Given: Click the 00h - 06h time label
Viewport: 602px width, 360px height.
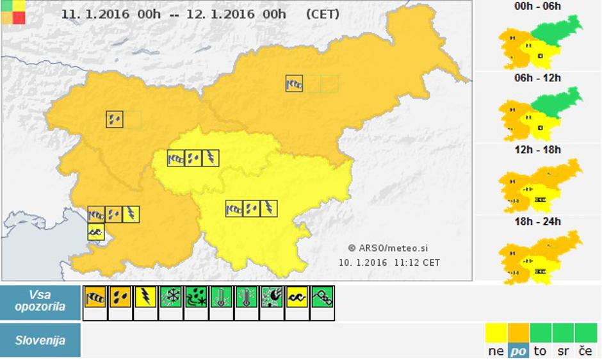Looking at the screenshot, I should coord(538,6).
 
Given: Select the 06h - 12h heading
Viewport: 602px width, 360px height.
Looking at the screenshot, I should coord(538,78).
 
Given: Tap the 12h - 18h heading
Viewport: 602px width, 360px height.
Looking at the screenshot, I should coord(538,150).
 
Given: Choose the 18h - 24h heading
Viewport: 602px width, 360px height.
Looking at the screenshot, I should coord(538,222).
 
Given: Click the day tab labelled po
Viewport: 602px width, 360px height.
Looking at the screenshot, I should coord(517,351).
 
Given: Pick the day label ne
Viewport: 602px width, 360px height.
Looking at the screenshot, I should coord(496,351).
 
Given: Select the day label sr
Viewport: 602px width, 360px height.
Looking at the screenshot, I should coord(563,351).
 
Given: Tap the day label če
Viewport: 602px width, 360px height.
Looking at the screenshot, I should coord(585,351).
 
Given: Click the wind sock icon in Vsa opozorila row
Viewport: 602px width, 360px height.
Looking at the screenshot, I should coord(95,297).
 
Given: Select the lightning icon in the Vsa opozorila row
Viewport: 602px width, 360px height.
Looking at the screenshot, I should coord(145,297).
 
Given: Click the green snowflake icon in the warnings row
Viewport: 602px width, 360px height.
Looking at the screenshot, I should coord(170,297).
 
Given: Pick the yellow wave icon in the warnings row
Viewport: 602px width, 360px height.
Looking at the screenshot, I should coord(297,297).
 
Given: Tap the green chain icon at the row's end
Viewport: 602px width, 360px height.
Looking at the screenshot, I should coord(321,297).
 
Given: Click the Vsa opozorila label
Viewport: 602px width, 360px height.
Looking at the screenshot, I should coord(40,301).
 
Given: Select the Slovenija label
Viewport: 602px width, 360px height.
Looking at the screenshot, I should coord(40,341).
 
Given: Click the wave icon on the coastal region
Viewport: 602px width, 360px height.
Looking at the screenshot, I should coord(95,231).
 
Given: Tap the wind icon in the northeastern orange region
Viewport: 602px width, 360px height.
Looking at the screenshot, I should coord(294,83).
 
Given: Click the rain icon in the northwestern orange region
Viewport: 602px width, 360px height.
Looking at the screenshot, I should coord(115,119).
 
